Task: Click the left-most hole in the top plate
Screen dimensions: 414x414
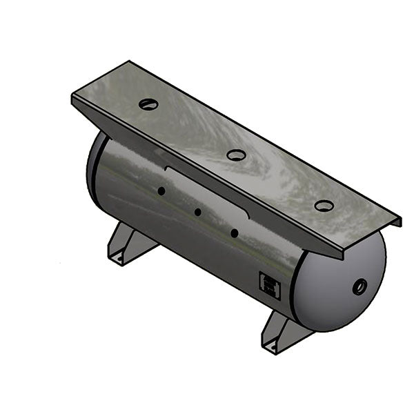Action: (x=148, y=104)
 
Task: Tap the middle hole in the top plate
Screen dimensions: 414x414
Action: (x=236, y=155)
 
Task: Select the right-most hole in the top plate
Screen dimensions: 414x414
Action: (x=324, y=206)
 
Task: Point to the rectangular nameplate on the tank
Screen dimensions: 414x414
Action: (x=269, y=285)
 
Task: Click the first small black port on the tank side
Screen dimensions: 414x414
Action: (x=160, y=191)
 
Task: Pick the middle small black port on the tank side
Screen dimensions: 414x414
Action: (x=197, y=213)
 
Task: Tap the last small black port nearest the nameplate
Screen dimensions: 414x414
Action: (x=235, y=234)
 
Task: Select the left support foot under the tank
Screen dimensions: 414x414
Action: (x=128, y=245)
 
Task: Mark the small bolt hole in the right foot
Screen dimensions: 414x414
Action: (x=275, y=346)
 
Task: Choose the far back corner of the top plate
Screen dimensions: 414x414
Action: (x=132, y=62)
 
